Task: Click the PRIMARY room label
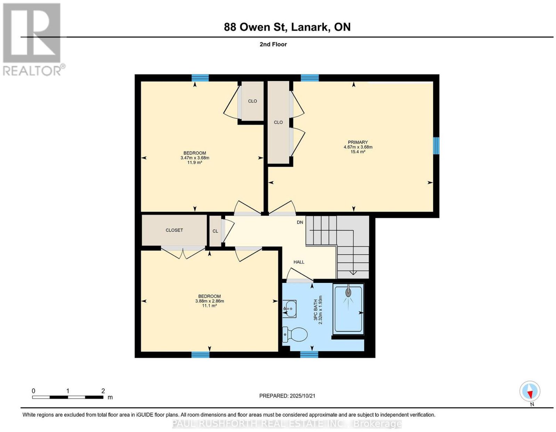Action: click(358, 142)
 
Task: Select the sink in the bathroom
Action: click(289, 309)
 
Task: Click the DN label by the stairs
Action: click(300, 222)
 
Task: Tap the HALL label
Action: click(299, 262)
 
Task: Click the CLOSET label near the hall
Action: click(174, 230)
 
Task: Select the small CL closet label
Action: click(215, 231)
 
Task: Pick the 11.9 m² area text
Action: click(195, 162)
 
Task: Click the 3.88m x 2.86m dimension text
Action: click(210, 301)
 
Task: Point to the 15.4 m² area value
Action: click(358, 152)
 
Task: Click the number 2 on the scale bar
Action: click(103, 391)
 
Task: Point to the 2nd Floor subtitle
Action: click(273, 44)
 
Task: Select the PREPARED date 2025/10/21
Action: click(302, 396)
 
